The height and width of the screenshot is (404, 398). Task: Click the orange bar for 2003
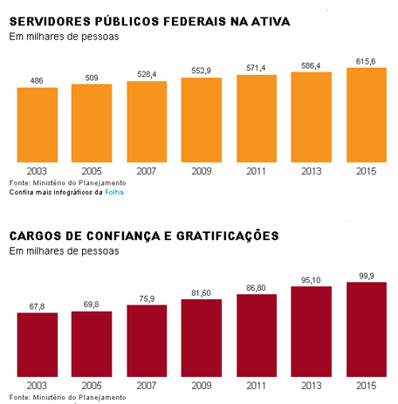tap(38, 125)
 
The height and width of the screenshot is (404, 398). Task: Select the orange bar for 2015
tap(367, 115)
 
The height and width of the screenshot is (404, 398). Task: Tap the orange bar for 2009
tap(202, 120)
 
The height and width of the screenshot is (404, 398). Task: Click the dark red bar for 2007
tap(147, 340)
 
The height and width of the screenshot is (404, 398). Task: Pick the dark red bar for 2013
tap(312, 332)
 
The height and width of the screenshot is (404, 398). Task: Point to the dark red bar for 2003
tap(38, 345)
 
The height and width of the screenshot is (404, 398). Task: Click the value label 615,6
tap(366, 61)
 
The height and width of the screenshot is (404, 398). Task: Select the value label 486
tap(37, 80)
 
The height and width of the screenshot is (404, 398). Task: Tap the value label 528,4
tap(147, 74)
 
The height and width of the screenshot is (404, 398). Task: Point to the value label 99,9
tap(367, 276)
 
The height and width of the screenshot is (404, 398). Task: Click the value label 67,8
tap(37, 306)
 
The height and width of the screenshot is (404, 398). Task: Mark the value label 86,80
tap(256, 288)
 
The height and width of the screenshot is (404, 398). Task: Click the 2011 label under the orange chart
tap(256, 171)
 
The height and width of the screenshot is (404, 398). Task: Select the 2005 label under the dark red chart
tap(92, 386)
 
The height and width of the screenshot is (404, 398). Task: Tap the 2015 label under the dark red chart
tap(367, 386)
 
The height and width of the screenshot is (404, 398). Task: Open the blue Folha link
tap(114, 192)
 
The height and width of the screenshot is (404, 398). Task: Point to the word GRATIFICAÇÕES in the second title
tap(228, 236)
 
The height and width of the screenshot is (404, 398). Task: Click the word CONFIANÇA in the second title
tap(123, 236)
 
